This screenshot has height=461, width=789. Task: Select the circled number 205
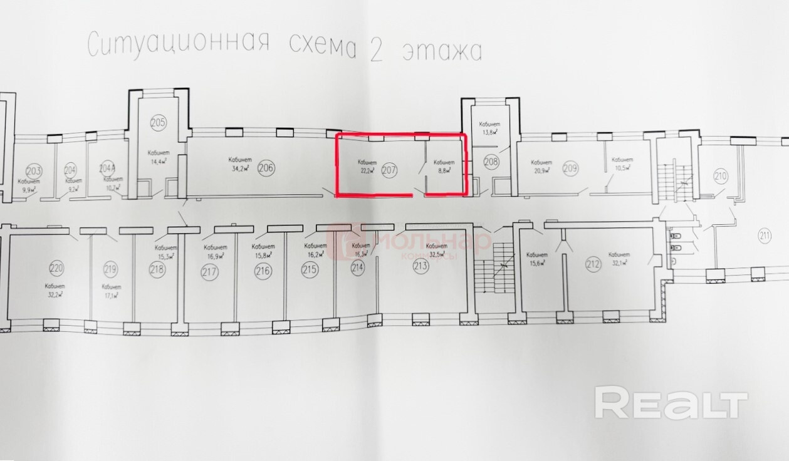159,122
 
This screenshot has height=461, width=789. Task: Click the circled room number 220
56,270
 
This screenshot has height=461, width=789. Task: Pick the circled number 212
592,264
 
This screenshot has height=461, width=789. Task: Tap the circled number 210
721,175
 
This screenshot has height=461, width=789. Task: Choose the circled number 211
764,236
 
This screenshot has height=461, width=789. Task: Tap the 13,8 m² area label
488,132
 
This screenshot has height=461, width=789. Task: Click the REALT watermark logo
671,403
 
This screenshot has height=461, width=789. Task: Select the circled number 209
570,167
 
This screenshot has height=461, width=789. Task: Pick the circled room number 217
209,272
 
